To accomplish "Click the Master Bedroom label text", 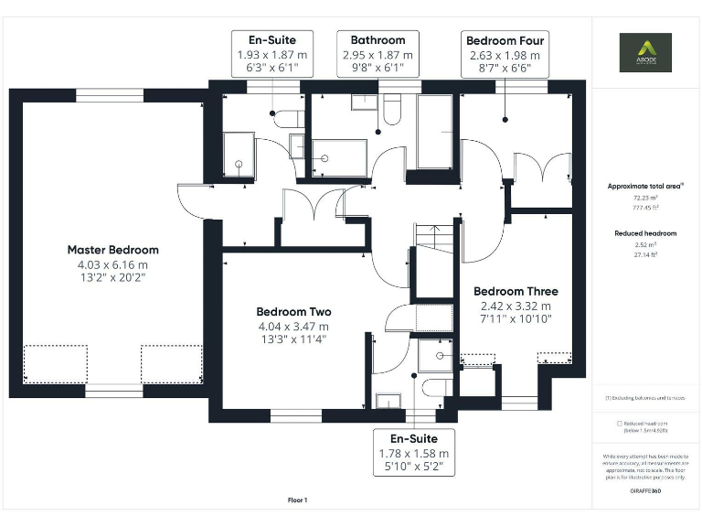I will [112, 250].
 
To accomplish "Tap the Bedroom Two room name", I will [293, 311].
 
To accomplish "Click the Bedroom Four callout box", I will [505, 54].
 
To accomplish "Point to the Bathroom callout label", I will [378, 54].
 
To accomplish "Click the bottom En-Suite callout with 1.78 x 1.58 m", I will [414, 452].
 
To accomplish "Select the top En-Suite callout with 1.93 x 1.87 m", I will [273, 54].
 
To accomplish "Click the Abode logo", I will [645, 52].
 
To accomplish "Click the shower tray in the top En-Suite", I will [239, 155].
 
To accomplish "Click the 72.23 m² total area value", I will [645, 197].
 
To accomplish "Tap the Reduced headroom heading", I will [645, 233].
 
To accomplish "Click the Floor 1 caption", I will [297, 500].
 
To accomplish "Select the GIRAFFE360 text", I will [645, 491].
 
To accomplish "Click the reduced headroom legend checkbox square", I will [620, 424].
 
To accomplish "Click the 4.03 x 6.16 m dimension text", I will [112, 265].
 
